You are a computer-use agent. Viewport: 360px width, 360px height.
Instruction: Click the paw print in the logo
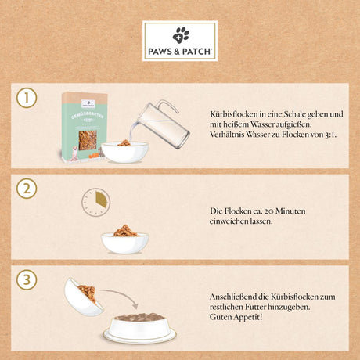coord(181,34)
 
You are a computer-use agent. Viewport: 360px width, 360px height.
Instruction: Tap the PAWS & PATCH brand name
coord(181,52)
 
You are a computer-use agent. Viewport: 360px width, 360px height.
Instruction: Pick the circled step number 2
coord(28,188)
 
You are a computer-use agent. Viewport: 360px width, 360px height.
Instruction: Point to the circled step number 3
coord(28,280)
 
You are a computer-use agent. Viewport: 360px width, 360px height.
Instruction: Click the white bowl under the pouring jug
coord(124,150)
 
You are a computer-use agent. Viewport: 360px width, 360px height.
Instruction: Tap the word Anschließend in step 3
coord(236,297)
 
